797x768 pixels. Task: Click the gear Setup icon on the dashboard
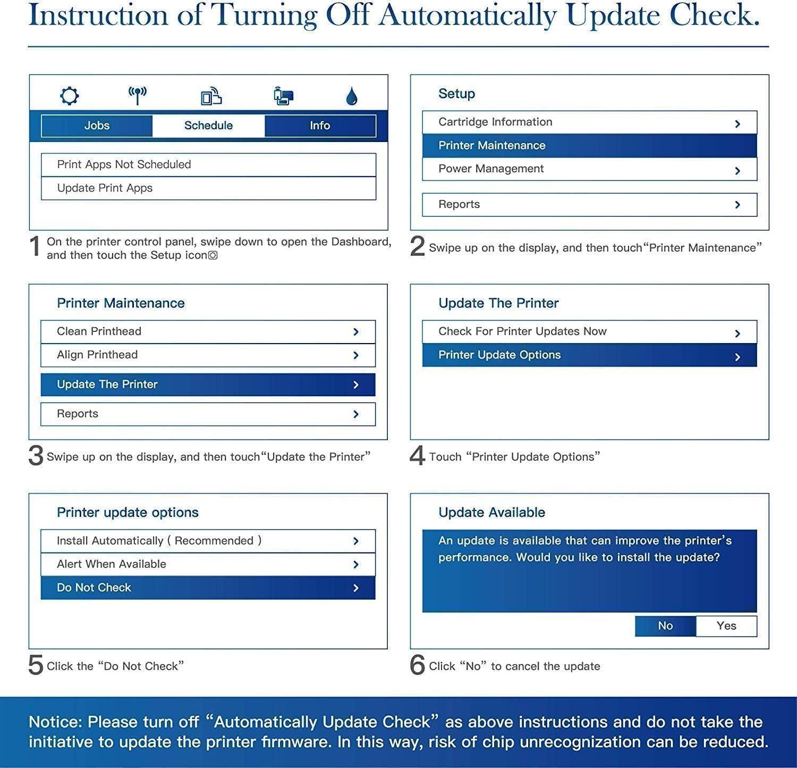click(x=70, y=96)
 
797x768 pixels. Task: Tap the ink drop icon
click(x=351, y=97)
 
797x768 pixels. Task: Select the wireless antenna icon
click(x=138, y=96)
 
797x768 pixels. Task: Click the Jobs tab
click(x=97, y=126)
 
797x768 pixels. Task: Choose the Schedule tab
click(x=208, y=126)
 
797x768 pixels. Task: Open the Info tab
click(x=320, y=126)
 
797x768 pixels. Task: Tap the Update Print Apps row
click(x=208, y=188)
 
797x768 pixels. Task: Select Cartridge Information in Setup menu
click(x=589, y=122)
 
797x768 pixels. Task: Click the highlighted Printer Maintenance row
click(x=589, y=146)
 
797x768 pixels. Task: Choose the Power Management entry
click(x=589, y=169)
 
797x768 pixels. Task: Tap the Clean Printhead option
click(x=208, y=331)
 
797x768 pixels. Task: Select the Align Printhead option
click(x=208, y=355)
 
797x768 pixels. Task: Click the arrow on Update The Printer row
click(x=356, y=385)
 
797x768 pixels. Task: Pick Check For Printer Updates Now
click(x=589, y=331)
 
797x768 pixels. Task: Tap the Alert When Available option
click(x=208, y=564)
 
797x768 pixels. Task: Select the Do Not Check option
click(x=208, y=588)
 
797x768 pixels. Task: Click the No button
click(x=665, y=626)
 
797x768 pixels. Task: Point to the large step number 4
click(x=418, y=456)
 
